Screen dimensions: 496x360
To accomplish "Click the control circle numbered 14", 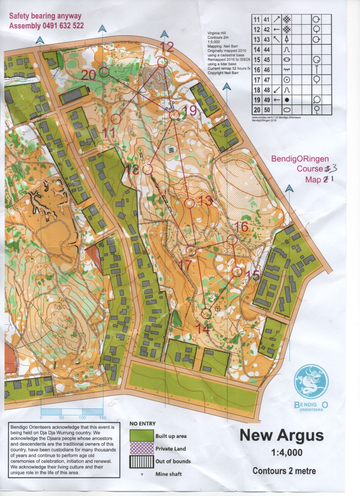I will tap(206, 313).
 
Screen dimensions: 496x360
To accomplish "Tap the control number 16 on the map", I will tap(241, 227).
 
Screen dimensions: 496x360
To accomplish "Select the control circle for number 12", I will tap(162, 62).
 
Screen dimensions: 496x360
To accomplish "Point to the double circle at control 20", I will tap(104, 72).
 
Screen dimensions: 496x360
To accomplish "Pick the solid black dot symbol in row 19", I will tap(287, 100).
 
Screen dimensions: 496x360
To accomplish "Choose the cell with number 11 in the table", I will tap(256, 20).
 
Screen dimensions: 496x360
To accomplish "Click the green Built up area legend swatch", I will tap(142, 436).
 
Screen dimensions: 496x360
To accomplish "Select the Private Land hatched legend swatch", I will tap(142, 449).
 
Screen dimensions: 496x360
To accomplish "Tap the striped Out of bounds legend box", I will tap(142, 461).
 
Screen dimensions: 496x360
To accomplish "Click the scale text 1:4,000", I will tap(287, 453).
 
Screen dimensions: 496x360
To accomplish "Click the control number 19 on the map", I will tap(190, 111).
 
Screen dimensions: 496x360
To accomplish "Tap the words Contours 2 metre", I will tap(284, 471).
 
